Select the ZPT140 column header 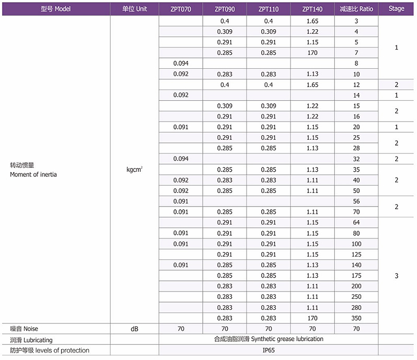[312, 9]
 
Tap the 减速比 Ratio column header [356, 9]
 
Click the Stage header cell [396, 9]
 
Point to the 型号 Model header [55, 9]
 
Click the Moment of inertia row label [33, 174]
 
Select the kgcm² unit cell [134, 170]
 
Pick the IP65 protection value [268, 350]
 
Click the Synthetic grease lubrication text [268, 339]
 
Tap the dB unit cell [134, 329]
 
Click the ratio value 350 [356, 318]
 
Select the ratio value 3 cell [356, 21]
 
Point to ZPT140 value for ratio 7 [312, 53]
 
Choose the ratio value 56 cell [356, 201]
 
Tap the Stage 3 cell [396, 275]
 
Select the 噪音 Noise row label [24, 329]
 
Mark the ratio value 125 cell [356, 255]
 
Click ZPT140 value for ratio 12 [312, 85]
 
